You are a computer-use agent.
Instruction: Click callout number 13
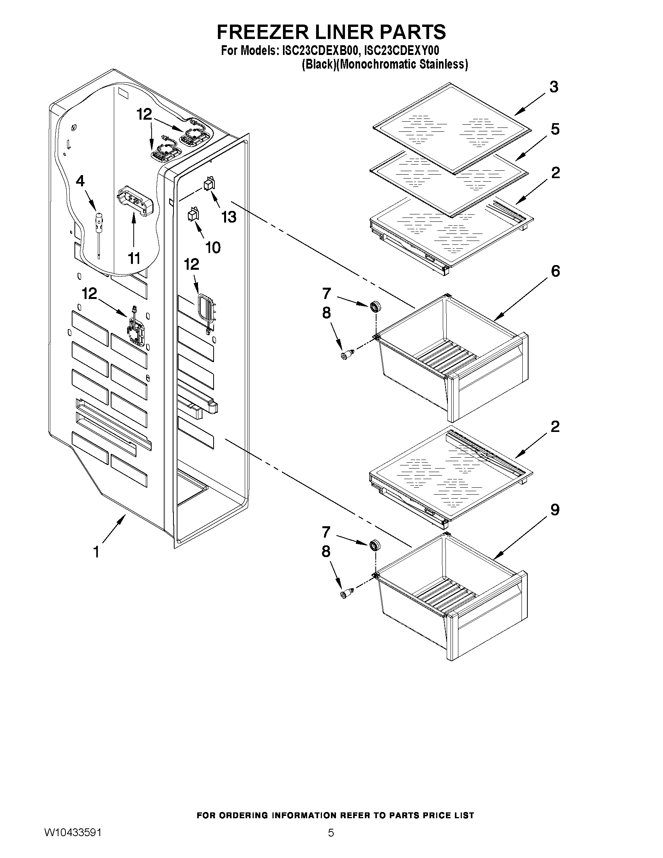point(229,217)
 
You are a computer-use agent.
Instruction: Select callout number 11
point(134,258)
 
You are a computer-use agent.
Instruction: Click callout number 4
point(80,182)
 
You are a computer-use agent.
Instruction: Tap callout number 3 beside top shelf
point(554,87)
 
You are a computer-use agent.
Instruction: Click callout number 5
point(555,129)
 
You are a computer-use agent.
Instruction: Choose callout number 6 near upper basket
point(555,271)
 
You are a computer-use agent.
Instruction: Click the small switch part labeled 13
point(209,184)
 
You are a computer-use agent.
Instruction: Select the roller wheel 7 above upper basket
point(376,306)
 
